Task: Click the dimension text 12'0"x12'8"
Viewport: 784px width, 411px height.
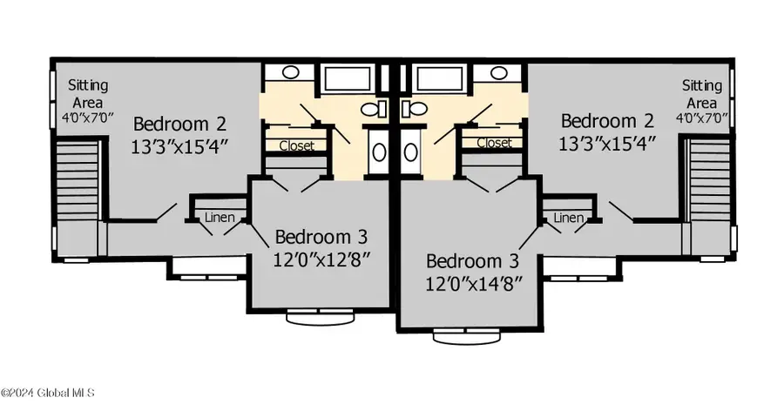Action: (321, 259)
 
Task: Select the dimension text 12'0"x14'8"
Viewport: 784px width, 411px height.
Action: (474, 284)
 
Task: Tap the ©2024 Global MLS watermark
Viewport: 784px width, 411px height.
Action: (48, 393)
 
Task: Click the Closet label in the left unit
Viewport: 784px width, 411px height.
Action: (296, 145)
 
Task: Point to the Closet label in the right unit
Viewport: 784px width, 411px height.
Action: (494, 143)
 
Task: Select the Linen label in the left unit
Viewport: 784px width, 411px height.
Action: (220, 218)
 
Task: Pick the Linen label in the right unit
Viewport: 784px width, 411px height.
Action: (569, 218)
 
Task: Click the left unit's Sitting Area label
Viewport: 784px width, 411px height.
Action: (88, 94)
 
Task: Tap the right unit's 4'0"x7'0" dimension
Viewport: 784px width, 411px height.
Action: (702, 118)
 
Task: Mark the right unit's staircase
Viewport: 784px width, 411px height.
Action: (710, 180)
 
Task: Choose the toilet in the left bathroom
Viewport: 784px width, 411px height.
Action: (374, 108)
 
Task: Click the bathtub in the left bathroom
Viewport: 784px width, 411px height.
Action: (347, 78)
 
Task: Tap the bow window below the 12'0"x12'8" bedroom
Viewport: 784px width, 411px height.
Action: (320, 317)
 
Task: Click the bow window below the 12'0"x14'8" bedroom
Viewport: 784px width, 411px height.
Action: (467, 336)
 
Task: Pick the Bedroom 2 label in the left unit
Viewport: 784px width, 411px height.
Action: (179, 124)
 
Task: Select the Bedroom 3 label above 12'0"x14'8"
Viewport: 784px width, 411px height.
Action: (472, 261)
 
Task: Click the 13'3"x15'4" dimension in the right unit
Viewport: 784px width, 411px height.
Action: (606, 145)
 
